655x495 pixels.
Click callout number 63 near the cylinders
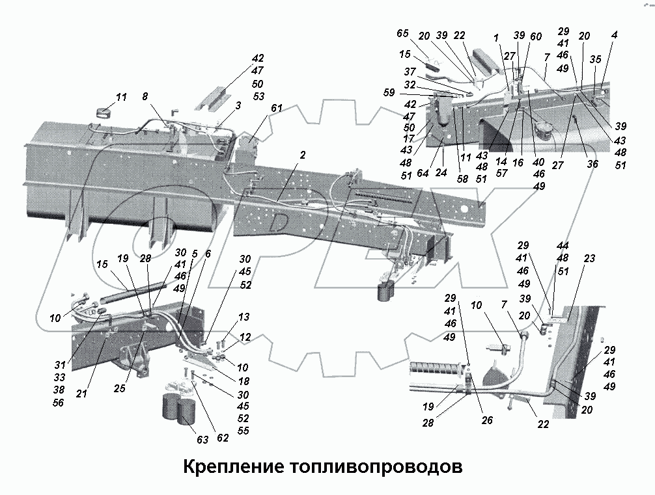202,440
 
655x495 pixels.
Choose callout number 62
223,438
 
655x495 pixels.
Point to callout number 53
258,97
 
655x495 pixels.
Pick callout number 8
144,96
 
